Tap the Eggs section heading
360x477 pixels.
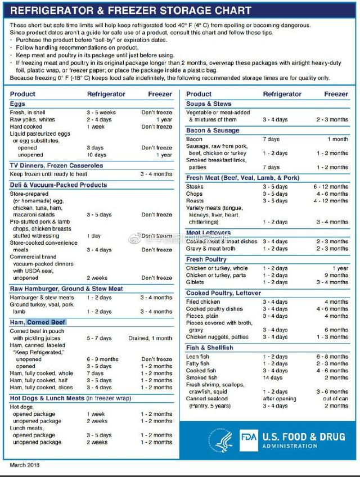click(x=18, y=104)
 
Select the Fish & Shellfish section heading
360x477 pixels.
click(x=209, y=348)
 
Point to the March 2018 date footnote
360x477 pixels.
click(x=25, y=465)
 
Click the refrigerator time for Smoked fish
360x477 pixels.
click(x=273, y=377)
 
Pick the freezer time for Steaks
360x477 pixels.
click(x=331, y=187)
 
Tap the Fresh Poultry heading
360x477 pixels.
click(x=206, y=259)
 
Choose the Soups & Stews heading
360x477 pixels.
click(x=209, y=104)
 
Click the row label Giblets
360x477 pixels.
click(x=195, y=282)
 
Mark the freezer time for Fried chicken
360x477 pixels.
click(x=336, y=302)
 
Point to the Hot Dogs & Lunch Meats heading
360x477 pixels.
click(x=47, y=398)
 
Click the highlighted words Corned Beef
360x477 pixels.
click(x=47, y=322)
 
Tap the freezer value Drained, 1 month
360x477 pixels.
click(x=150, y=338)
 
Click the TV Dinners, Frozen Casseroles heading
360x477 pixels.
click(x=56, y=165)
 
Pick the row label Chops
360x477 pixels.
click(x=195, y=194)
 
